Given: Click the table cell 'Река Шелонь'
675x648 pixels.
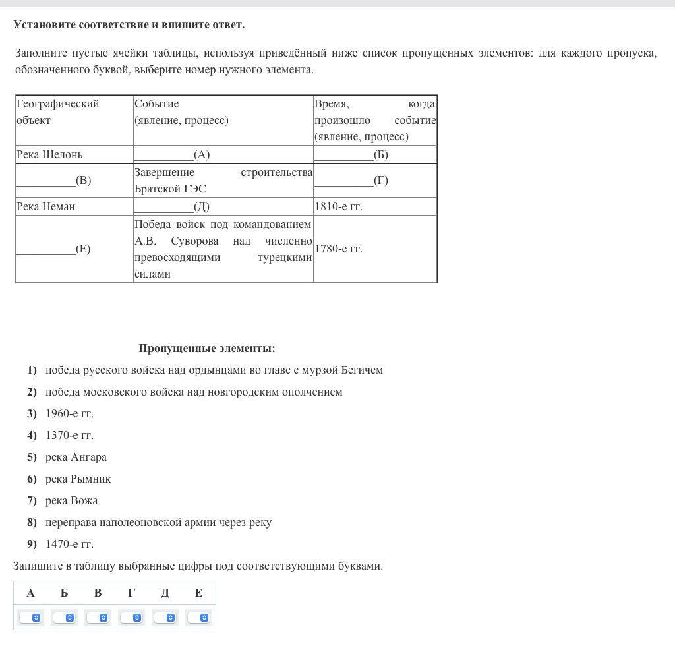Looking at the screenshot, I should [49, 155].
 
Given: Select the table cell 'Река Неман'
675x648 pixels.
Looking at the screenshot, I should [46, 207].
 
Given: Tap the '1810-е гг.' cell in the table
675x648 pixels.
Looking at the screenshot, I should [339, 207].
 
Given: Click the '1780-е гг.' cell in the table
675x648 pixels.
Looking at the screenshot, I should [339, 249].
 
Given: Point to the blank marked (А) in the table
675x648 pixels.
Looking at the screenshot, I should [172, 155].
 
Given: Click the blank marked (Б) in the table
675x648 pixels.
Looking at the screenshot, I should [351, 155].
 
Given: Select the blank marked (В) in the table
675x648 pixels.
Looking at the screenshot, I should [53, 181].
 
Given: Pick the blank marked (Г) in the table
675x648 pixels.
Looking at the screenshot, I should [351, 181].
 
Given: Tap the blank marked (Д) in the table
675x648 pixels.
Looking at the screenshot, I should [172, 207].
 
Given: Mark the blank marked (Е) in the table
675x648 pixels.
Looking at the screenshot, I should [53, 249].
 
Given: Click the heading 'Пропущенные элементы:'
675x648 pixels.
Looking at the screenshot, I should [207, 349].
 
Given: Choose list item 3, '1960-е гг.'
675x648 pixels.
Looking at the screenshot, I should [69, 414].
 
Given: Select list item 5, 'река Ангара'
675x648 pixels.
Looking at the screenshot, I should [76, 457].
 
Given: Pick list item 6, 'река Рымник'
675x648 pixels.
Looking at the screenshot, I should [78, 479].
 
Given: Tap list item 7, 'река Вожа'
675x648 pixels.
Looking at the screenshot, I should [71, 501].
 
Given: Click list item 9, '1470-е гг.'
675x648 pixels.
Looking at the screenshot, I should [69, 545].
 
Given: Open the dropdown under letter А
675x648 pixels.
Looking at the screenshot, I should [30, 618].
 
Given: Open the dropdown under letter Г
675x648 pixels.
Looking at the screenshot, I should [131, 618].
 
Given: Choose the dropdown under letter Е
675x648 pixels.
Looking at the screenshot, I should [198, 618].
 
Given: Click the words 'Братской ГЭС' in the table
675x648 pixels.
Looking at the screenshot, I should [170, 189].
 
